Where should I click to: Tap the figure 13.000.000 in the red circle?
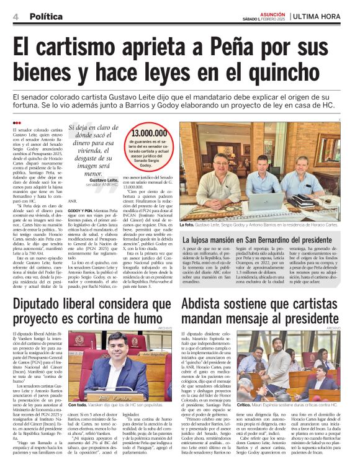(x=150, y=133)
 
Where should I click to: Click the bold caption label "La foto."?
(x=188, y=225)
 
